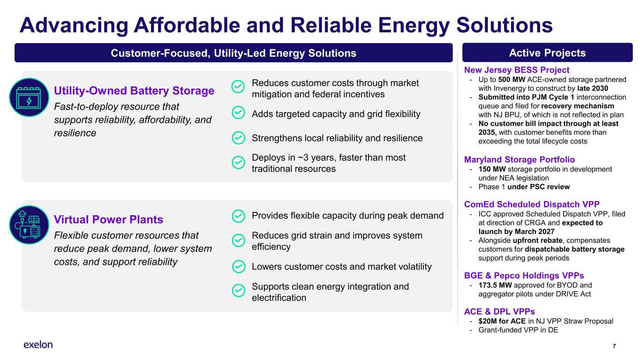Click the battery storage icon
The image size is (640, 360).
pyautogui.click(x=29, y=97)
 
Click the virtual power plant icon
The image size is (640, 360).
pyautogui.click(x=29, y=225)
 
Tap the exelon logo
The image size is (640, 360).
pyautogui.click(x=38, y=345)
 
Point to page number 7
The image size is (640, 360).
pyautogui.click(x=614, y=346)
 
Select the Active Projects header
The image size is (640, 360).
pyautogui.click(x=548, y=52)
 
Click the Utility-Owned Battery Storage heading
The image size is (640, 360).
pyautogui.click(x=134, y=90)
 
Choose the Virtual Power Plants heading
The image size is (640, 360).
pyautogui.click(x=108, y=219)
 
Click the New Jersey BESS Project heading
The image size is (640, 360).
pyautogui.click(x=517, y=70)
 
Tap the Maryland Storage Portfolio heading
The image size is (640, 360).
pyautogui.click(x=520, y=159)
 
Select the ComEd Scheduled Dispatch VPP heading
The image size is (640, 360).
pyautogui.click(x=532, y=204)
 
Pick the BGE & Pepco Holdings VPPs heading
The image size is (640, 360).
pyautogui.click(x=524, y=276)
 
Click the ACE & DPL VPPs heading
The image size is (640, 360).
pyautogui.click(x=499, y=311)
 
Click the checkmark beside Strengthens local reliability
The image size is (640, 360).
pyautogui.click(x=238, y=138)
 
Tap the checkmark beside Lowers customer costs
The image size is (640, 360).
pyautogui.click(x=238, y=267)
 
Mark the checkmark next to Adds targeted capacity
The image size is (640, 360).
pyautogui.click(x=238, y=112)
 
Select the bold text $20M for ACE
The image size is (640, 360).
pyautogui.click(x=502, y=321)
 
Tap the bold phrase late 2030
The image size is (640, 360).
pyautogui.click(x=593, y=88)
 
